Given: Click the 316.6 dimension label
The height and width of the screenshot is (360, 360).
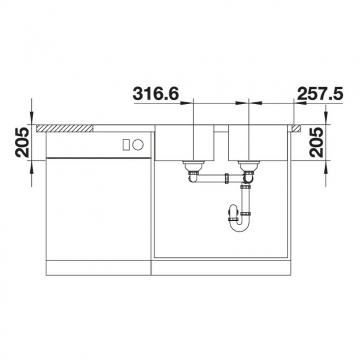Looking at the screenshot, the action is pos(156,94).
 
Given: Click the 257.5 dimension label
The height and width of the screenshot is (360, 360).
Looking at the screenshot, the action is pos(320,94).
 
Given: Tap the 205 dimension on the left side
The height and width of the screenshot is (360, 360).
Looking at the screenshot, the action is pos(22,143).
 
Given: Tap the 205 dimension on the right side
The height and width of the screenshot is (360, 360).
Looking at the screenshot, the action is pos(316,143).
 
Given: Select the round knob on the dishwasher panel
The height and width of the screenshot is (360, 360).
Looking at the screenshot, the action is pos(138,144).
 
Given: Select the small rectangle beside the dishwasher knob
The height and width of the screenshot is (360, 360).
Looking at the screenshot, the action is pos(126,145).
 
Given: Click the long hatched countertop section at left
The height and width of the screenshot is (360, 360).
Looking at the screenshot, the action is pos(65,128).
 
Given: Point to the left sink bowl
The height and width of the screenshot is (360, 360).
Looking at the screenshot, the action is pos(185,143).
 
